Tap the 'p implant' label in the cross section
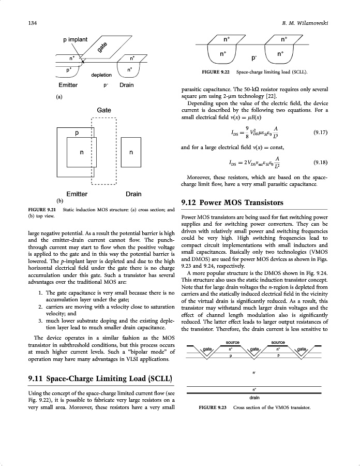[x=76, y=39]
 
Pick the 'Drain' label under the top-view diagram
[x=133, y=194]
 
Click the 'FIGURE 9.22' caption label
[x=216, y=72]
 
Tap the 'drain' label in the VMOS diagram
[x=254, y=398]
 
